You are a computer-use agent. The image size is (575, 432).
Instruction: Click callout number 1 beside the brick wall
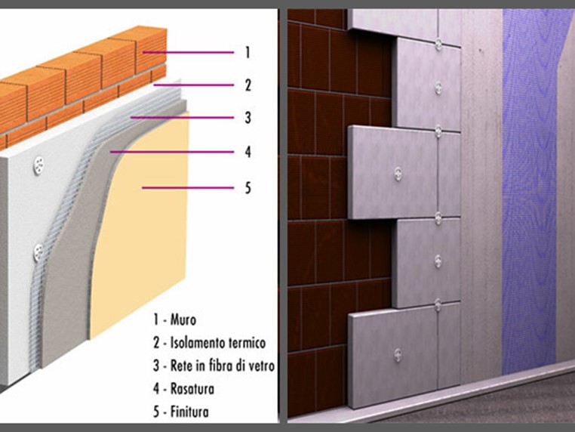248,52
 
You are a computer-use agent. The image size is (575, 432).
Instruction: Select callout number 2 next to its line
248,85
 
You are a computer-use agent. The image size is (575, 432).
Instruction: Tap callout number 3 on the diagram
248,118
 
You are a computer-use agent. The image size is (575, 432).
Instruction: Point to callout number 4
248,152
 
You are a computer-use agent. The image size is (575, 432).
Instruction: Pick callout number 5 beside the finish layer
248,187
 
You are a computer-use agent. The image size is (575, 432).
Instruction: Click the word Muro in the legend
183,319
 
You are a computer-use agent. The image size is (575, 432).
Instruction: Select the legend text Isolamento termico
218,343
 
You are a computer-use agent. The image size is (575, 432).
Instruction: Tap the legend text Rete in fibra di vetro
223,366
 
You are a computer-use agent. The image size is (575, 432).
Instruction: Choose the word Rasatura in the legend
192,389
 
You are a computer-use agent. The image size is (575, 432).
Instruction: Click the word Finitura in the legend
189,412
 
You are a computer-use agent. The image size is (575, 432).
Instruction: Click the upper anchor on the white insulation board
38,165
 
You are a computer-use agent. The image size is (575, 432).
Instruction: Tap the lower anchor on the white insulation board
38,252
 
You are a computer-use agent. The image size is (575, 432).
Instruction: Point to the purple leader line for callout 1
188,52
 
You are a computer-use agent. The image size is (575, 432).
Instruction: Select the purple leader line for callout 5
188,188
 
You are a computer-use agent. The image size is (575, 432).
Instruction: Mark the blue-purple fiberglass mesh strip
529,191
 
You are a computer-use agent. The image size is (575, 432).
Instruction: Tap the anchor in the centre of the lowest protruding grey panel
398,354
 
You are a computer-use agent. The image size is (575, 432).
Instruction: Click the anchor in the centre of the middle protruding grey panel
398,174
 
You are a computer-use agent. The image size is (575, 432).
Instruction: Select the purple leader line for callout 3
183,118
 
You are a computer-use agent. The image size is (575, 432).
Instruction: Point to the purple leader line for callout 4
172,152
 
